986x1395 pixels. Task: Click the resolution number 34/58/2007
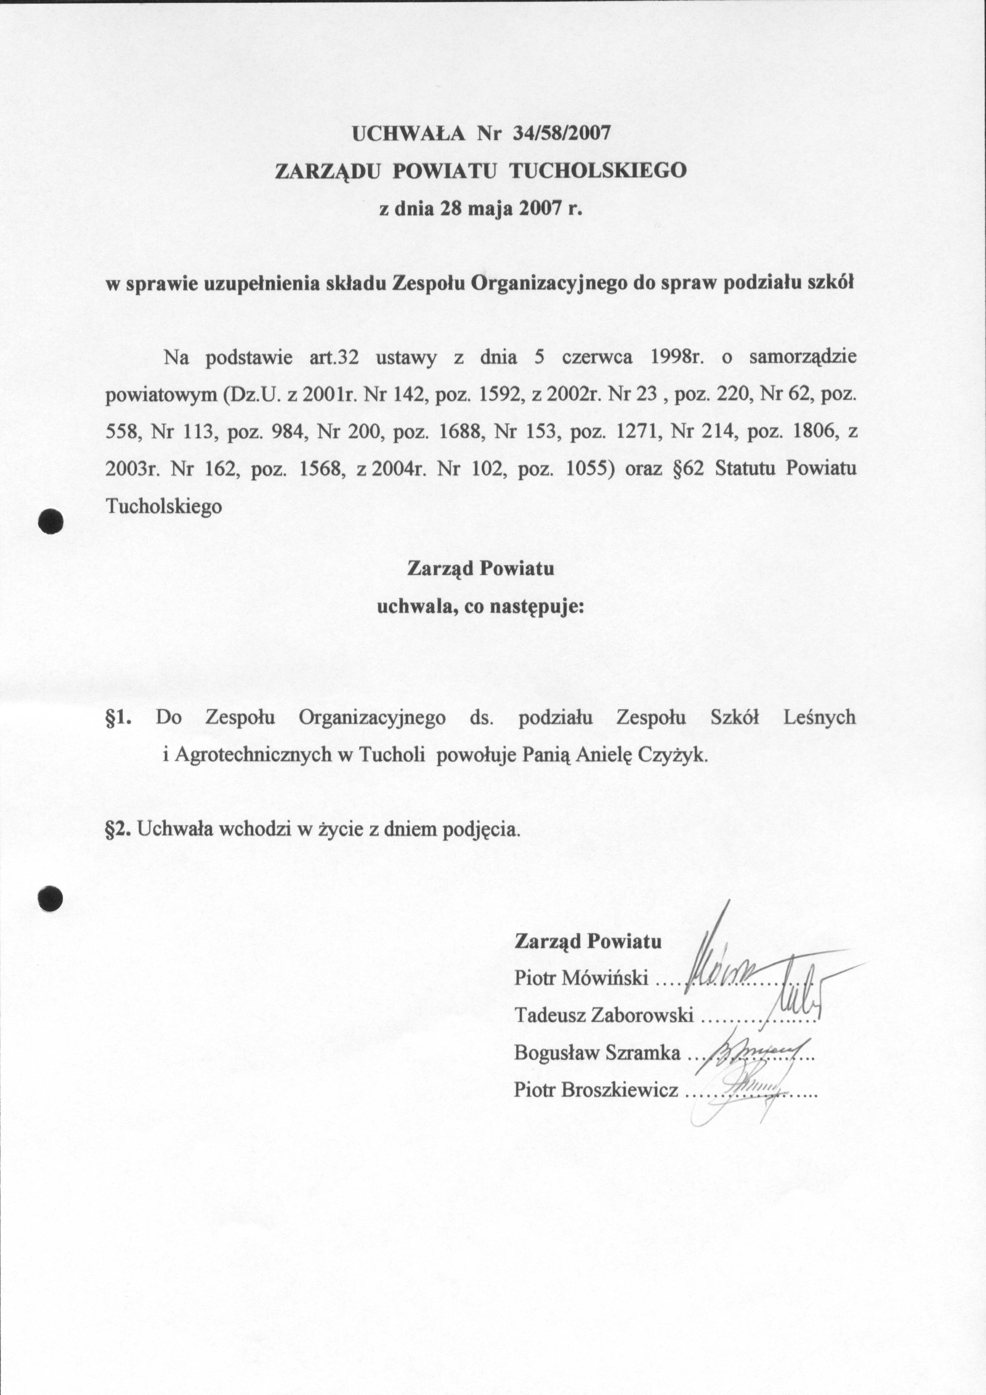[560, 133]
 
